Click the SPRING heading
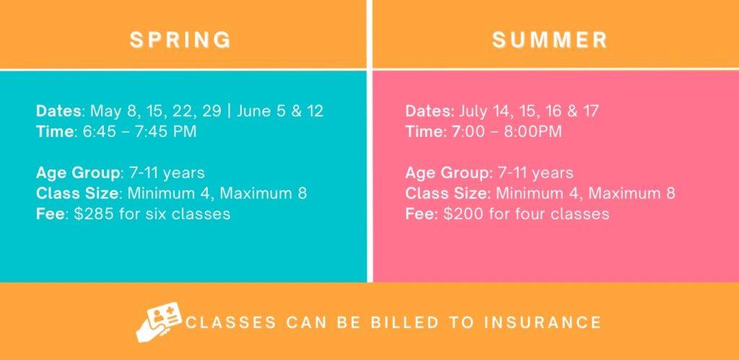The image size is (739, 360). pyautogui.click(x=181, y=40)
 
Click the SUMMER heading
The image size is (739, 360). pyautogui.click(x=550, y=40)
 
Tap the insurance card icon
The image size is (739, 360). pyautogui.click(x=159, y=321)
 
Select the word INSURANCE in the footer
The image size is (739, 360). pyautogui.click(x=543, y=322)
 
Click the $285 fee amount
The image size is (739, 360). pyautogui.click(x=95, y=214)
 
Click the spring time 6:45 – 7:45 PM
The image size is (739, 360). pyautogui.click(x=139, y=131)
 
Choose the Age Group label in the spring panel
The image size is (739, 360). pyautogui.click(x=78, y=173)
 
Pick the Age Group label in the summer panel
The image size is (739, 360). pyautogui.click(x=447, y=173)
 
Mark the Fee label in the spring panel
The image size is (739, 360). pyautogui.click(x=51, y=214)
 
